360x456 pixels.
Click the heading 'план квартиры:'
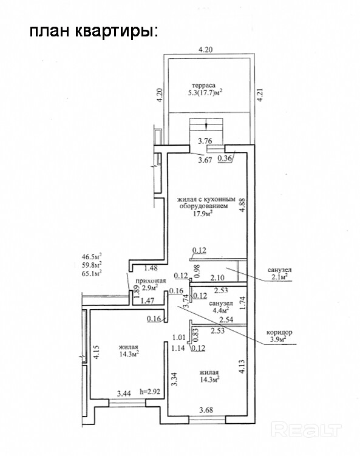[94, 31]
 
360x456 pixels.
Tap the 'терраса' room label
[204, 86]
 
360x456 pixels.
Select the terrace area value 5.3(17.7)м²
[205, 93]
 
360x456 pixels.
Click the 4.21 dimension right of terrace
[260, 95]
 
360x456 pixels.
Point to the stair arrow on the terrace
[206, 124]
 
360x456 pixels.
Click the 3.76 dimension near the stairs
[205, 141]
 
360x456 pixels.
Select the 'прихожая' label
[151, 281]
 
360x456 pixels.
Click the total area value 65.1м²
[92, 273]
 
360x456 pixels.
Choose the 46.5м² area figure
[92, 256]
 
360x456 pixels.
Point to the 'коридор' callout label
[279, 332]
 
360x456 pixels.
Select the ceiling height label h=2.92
[150, 392]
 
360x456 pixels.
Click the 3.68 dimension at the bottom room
[206, 410]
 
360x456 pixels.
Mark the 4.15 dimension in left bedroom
[97, 352]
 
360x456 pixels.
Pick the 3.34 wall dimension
[174, 379]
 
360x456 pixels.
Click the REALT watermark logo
[306, 430]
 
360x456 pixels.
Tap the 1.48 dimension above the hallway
[151, 268]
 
